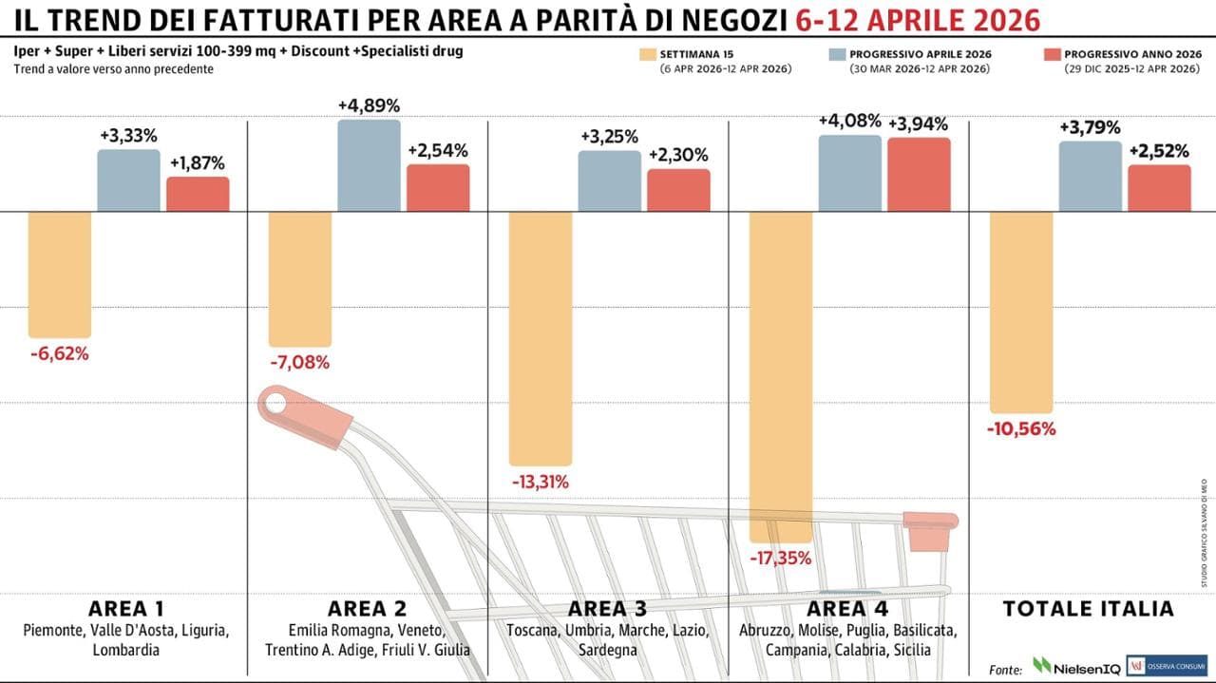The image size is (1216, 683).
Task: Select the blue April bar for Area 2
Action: pyautogui.click(x=369, y=165)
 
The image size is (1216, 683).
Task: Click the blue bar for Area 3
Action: pyautogui.click(x=609, y=180)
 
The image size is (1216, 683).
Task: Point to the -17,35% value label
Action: pyautogui.click(x=781, y=559)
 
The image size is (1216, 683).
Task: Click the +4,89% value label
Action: pyautogui.click(x=369, y=105)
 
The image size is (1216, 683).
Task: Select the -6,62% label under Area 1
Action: pyautogui.click(x=59, y=354)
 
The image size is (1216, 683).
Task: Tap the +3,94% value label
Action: pyautogui.click(x=919, y=123)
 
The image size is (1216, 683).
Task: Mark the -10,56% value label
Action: pyautogui.click(x=1021, y=428)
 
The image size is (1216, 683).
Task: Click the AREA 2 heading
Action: pyautogui.click(x=367, y=609)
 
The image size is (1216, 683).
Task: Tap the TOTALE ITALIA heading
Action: pyautogui.click(x=1089, y=609)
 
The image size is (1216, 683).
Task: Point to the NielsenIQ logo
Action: pyautogui.click(x=1074, y=667)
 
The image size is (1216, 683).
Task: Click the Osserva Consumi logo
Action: pyautogui.click(x=1166, y=667)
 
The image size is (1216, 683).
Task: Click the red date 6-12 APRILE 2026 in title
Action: pyautogui.click(x=918, y=20)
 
